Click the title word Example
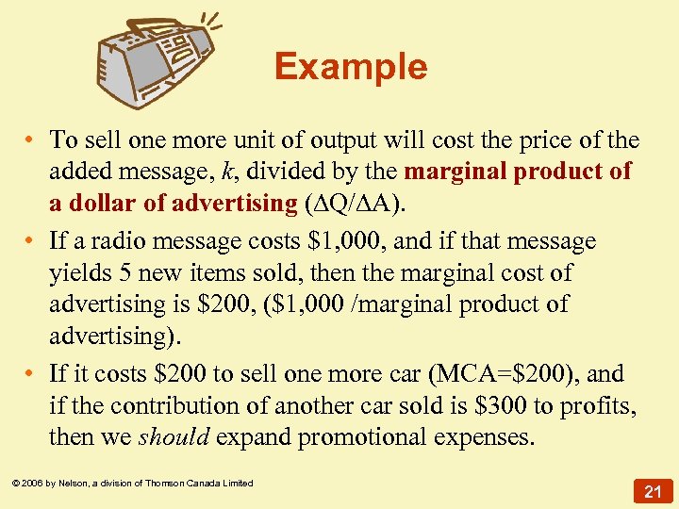[x=351, y=67]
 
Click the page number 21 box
[x=652, y=490]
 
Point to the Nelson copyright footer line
[x=133, y=484]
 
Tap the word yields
[x=79, y=273]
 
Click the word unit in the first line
[x=222, y=140]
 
